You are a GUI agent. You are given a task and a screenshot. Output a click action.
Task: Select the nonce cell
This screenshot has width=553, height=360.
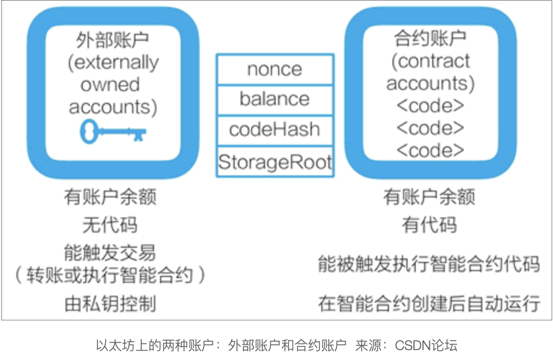[x=274, y=69]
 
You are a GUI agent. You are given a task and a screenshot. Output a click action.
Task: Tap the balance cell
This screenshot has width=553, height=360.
[x=274, y=98]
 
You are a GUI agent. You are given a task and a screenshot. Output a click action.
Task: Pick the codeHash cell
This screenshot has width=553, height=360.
[x=274, y=129]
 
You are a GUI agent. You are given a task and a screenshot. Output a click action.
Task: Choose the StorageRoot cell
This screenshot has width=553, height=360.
[x=274, y=161]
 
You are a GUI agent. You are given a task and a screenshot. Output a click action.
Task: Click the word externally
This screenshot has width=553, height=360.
[x=113, y=62]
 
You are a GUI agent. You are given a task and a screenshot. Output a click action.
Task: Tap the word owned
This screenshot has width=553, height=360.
[x=110, y=85]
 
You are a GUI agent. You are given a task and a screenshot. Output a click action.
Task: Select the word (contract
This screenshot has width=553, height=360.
[x=430, y=61]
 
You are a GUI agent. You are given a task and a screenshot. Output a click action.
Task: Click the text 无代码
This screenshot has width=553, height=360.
[x=110, y=225]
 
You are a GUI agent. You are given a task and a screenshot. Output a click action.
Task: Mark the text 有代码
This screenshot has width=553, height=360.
[x=429, y=225]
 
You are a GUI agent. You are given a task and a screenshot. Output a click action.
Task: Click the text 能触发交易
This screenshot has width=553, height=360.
[x=110, y=252]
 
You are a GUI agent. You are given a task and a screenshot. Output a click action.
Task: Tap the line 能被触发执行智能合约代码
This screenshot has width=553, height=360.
[x=429, y=264]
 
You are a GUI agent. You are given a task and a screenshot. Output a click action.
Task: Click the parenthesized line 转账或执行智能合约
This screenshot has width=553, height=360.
[x=110, y=275]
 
